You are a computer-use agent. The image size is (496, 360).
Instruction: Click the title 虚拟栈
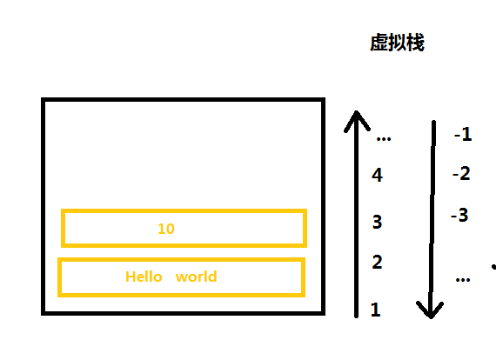click(397, 43)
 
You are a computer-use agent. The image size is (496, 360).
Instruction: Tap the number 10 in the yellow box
click(166, 229)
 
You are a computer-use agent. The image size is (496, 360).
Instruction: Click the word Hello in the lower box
click(144, 277)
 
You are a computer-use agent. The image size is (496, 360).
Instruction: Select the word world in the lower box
click(196, 277)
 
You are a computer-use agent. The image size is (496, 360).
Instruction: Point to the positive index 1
click(375, 310)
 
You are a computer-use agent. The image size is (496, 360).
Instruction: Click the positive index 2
click(377, 262)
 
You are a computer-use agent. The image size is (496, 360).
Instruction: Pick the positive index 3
click(377, 222)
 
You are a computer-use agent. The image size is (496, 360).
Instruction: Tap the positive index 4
click(377, 175)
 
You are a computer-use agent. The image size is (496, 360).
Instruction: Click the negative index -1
click(463, 134)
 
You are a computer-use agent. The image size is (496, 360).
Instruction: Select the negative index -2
click(461, 174)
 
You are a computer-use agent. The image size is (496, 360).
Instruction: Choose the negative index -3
click(459, 216)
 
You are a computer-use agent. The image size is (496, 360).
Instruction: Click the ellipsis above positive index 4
click(384, 138)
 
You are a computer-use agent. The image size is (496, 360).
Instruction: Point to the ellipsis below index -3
click(463, 279)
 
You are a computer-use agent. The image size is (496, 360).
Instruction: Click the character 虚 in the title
click(379, 43)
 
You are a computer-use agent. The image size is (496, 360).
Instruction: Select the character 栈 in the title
click(416, 43)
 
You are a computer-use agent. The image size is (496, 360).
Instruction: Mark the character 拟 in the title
click(398, 43)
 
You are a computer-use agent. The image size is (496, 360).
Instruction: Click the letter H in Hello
click(130, 277)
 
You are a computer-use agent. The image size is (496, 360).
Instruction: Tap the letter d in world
click(213, 277)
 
